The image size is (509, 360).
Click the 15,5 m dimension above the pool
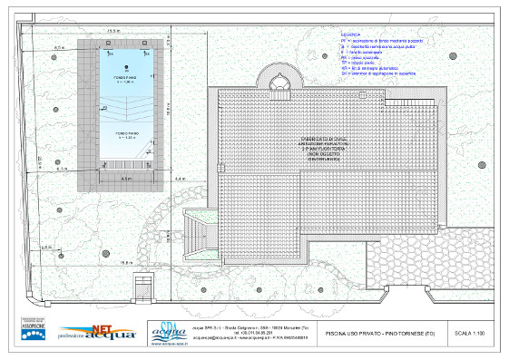point(114,32)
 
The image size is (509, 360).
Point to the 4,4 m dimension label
point(179,179)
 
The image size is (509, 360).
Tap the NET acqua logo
point(99,333)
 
